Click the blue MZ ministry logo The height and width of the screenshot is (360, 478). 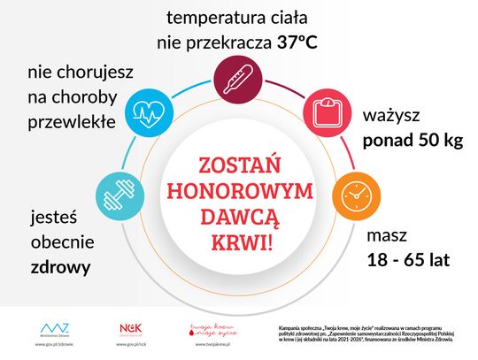(x=55, y=328)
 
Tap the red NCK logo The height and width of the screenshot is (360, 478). (x=130, y=328)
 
